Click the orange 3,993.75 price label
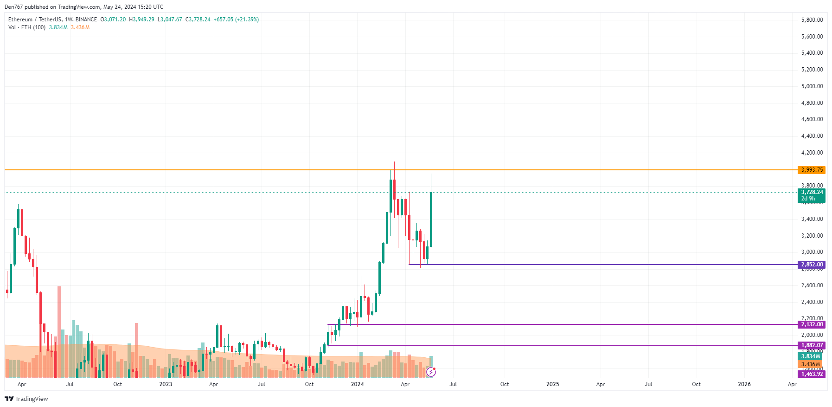(x=812, y=170)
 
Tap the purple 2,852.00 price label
(x=812, y=265)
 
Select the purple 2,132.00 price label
(x=812, y=324)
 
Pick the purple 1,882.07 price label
(x=812, y=345)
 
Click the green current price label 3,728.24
(x=812, y=192)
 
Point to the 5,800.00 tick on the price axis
(x=812, y=20)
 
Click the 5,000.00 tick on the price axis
(x=812, y=86)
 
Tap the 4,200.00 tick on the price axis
(x=812, y=153)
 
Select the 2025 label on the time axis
(x=552, y=384)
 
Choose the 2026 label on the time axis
(x=744, y=384)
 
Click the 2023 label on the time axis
(x=166, y=384)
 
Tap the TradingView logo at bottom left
(x=26, y=399)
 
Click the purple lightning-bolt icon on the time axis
(x=431, y=372)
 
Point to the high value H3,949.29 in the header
(x=141, y=19)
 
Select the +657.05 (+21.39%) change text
(x=236, y=19)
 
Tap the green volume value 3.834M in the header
(x=58, y=27)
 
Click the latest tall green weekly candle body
(x=431, y=219)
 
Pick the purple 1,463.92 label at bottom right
(x=812, y=374)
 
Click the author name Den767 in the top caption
(x=13, y=7)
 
